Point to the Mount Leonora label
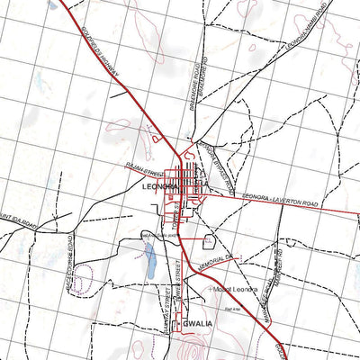[x=236, y=289]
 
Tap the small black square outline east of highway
[x=209, y=241]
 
